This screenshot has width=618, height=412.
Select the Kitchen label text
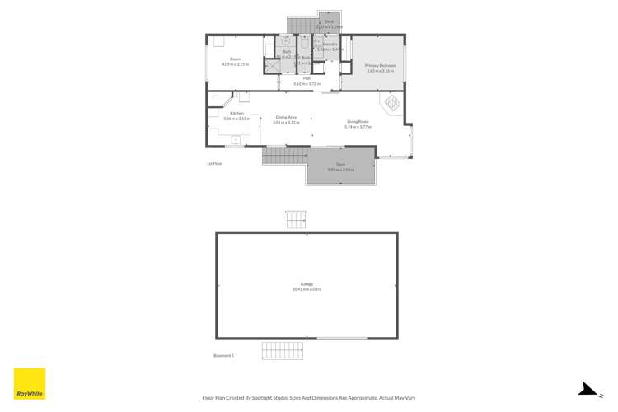coord(236,113)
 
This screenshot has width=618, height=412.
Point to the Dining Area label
coord(286,118)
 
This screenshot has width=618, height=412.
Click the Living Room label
coord(358,123)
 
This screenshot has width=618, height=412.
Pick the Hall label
coord(307,79)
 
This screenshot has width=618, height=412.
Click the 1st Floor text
coord(214,163)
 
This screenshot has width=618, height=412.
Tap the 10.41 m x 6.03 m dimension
coord(307,290)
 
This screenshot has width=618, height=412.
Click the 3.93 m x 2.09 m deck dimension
coord(340,170)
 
